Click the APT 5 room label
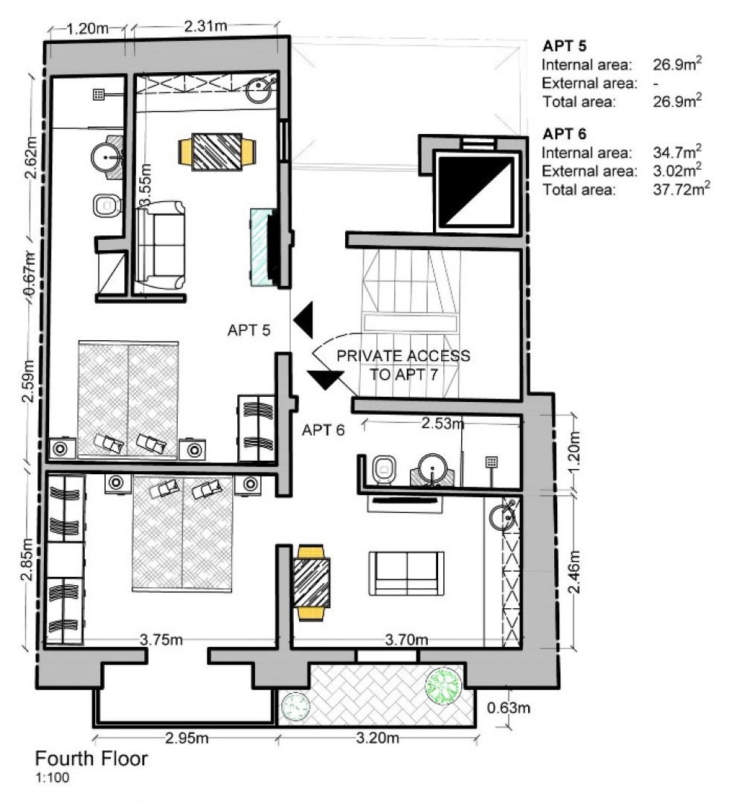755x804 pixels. pos(248,330)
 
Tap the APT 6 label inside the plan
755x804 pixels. pos(323,430)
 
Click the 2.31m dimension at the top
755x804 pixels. pos(205,26)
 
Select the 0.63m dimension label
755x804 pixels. pos(510,707)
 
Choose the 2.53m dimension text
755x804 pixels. pos(443,424)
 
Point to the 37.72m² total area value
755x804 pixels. pos(678,189)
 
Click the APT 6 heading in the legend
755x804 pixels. pos(565,134)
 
